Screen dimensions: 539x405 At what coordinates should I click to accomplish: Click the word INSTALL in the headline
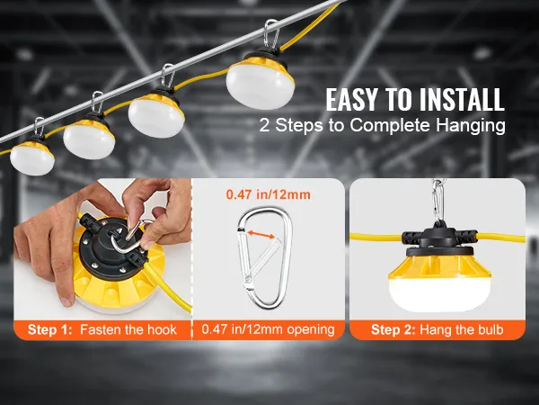[x=461, y=100]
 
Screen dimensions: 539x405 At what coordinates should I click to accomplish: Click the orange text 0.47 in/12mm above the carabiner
[x=268, y=195]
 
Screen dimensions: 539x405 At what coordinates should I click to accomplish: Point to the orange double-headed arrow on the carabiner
[x=261, y=234]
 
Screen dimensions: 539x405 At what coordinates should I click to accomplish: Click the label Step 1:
[x=50, y=329]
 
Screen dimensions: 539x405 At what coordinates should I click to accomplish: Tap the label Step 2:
[x=393, y=329]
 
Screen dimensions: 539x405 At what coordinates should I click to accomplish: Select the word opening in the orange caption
[x=311, y=330]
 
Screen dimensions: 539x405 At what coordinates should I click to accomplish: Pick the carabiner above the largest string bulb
[x=271, y=34]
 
